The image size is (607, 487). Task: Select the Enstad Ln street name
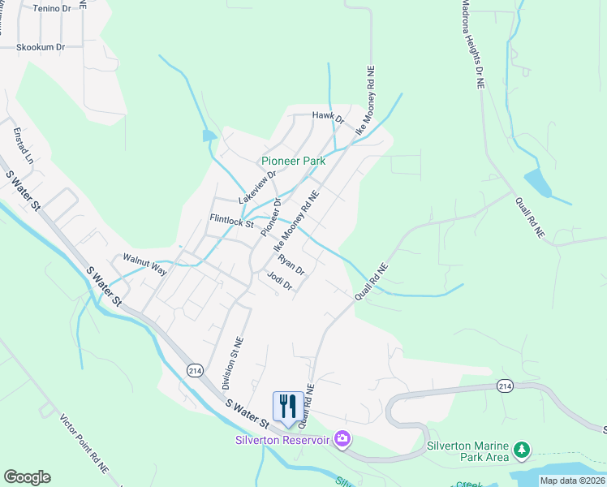(x=22, y=145)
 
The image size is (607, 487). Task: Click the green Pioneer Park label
(x=293, y=161)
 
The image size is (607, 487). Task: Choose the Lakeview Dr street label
(x=257, y=187)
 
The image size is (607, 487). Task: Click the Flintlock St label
(x=232, y=219)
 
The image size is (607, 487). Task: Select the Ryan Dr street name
(x=291, y=265)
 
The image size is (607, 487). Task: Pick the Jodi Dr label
(x=279, y=281)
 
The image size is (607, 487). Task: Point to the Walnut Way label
(x=144, y=264)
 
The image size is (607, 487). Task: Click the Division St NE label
(x=233, y=363)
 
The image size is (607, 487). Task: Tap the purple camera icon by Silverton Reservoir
(x=342, y=439)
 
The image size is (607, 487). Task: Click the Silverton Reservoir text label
(x=282, y=440)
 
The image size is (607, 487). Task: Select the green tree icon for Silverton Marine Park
(x=523, y=448)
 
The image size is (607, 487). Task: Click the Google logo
(x=27, y=477)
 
